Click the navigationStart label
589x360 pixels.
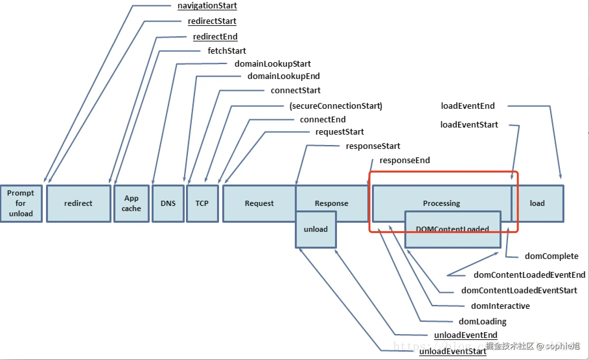tap(207, 6)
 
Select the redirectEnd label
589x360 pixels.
tap(215, 37)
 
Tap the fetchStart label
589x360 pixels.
tap(227, 51)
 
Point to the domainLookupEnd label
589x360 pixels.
tap(283, 76)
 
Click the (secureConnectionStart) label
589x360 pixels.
tap(336, 106)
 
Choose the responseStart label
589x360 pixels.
tap(373, 146)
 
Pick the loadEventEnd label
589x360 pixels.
tap(468, 106)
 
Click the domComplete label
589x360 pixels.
tap(551, 256)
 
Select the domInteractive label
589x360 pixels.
tap(500, 306)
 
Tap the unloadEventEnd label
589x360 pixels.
tap(466, 335)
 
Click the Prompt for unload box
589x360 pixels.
tap(21, 203)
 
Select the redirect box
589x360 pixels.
tap(78, 203)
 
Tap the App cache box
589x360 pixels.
tap(131, 203)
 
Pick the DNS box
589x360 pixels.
tap(168, 203)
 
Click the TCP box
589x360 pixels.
tap(202, 203)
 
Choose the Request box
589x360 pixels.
tap(259, 203)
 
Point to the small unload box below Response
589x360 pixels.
tap(316, 229)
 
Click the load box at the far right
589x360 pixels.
tap(537, 203)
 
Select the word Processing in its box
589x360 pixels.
tap(441, 203)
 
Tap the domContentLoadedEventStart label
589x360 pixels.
tap(519, 290)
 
